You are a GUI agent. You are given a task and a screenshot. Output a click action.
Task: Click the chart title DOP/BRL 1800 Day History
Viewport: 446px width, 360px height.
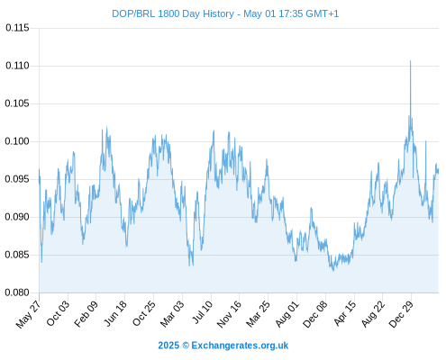(173, 13)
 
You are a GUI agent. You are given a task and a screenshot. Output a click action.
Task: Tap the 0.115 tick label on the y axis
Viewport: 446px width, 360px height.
(17, 28)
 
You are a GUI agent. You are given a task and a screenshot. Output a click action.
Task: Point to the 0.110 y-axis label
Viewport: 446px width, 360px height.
(17, 66)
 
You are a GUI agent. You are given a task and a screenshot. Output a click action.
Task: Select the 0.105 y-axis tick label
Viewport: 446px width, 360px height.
(17, 103)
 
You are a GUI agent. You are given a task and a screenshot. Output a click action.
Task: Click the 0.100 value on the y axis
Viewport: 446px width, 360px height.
(17, 141)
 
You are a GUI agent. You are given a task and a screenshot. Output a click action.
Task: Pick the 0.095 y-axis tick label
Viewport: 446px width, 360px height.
(17, 179)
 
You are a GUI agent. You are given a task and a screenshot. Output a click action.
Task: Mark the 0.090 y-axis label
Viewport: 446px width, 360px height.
(17, 217)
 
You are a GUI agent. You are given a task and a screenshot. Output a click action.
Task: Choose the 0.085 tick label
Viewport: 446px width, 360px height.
(17, 255)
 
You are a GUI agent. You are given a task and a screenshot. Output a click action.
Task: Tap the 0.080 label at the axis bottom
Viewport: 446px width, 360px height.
(17, 292)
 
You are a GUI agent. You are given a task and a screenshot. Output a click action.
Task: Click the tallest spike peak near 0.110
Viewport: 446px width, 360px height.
(411, 61)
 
